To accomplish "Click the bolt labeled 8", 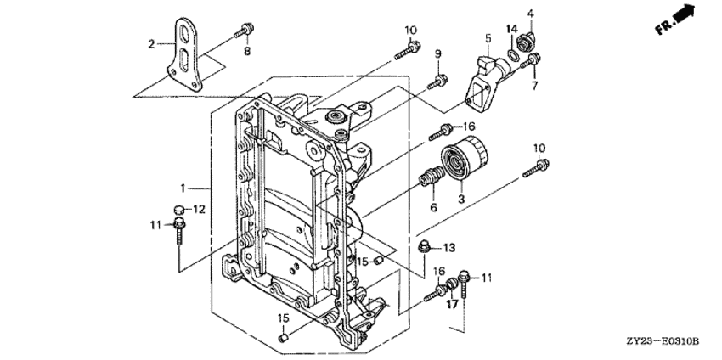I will pos(245,31).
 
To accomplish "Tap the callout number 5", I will pos(488,37).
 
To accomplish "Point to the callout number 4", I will pos(531,13).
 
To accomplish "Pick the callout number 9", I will pos(438,54).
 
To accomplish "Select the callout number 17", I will pos(452,304).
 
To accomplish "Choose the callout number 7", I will pos(535,83).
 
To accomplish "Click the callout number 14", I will pos(512,31).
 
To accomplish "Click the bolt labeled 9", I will pos(438,82).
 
